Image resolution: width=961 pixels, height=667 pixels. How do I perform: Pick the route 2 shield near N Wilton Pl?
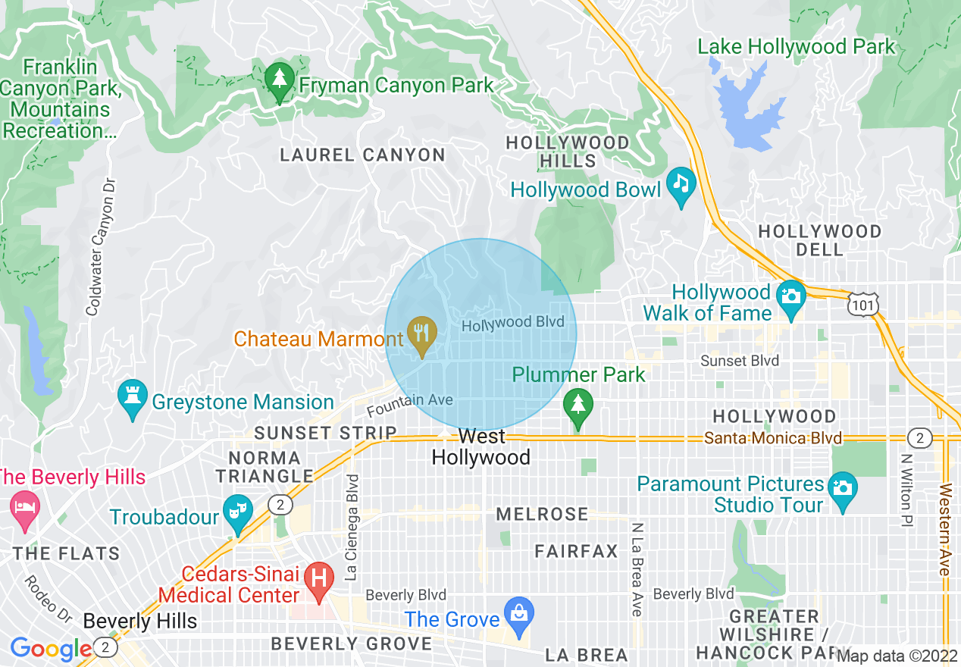[919, 438]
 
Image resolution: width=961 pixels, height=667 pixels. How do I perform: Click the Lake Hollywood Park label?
[796, 47]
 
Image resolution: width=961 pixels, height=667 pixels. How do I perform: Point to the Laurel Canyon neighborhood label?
[362, 155]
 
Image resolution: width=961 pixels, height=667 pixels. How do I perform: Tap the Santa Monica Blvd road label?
[772, 438]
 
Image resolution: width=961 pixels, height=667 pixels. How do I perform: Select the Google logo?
[51, 649]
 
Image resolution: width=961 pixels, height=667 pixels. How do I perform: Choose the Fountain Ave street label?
[409, 405]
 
